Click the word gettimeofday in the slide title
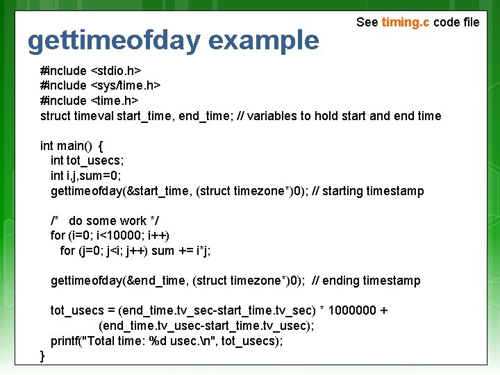coord(114,41)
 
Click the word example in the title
coord(263,41)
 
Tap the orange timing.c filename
coord(405,22)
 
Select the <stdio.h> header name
coord(116,71)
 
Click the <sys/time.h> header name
coord(126,85)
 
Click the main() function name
coord(74,146)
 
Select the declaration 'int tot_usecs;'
coord(87,161)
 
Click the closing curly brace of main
coord(43,356)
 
